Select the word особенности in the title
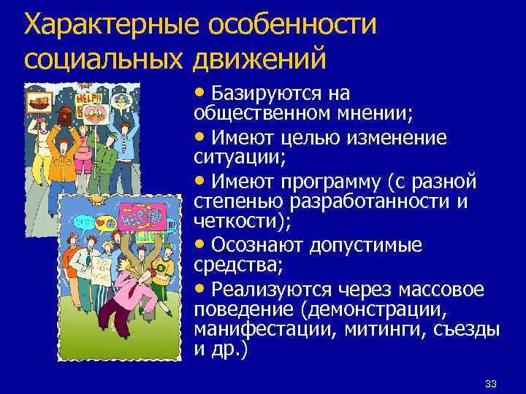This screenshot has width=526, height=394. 293,26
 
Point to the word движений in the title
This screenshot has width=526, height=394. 259,58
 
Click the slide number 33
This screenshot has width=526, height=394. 490,384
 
